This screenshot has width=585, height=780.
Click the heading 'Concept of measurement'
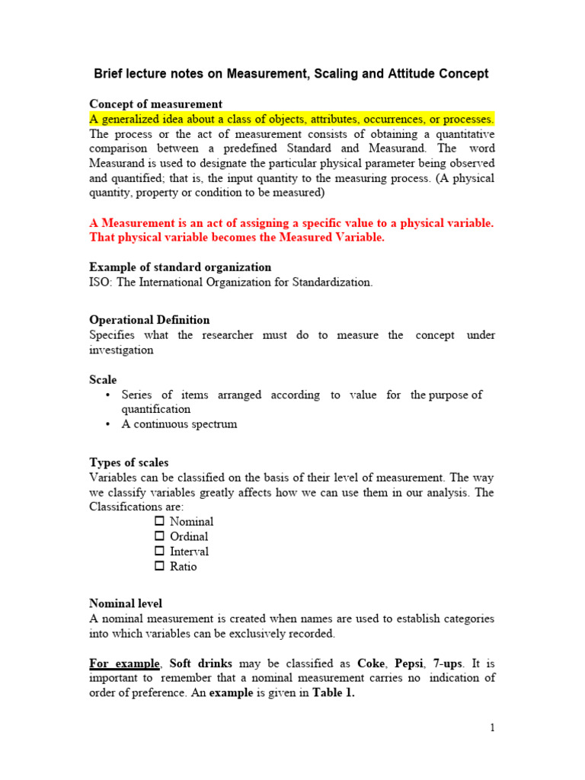[155, 104]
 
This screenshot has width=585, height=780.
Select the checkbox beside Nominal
[159, 522]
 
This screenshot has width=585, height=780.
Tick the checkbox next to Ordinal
[159, 536]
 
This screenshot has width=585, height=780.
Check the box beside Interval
[159, 551]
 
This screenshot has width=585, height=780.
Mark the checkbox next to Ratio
[159, 566]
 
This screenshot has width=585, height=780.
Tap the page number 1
[492, 727]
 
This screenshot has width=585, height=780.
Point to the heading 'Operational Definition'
[149, 320]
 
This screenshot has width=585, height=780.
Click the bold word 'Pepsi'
[411, 663]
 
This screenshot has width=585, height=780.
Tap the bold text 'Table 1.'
[334, 692]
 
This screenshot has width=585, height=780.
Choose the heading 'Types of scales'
[129, 462]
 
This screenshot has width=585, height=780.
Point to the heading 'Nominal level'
[126, 603]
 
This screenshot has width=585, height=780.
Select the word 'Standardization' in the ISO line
[335, 282]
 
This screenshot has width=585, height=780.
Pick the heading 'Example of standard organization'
[180, 267]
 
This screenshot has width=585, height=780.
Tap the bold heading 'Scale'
[103, 379]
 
